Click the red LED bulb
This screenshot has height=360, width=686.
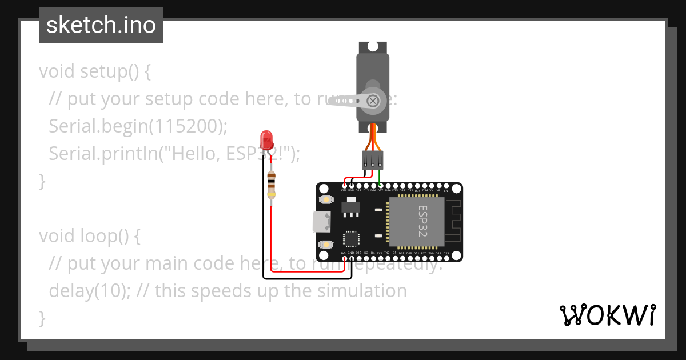coord(266,139)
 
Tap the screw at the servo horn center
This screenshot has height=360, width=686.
coord(373,101)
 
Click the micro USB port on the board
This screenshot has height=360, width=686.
coord(321,222)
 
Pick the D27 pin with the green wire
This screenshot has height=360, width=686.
coord(380,186)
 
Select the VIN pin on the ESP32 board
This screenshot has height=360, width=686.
coord(344,186)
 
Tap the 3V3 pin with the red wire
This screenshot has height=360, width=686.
coord(344,258)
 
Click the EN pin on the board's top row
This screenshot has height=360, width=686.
coord(446,186)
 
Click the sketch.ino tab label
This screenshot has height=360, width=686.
coord(101,25)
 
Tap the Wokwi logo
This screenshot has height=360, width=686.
coord(607,315)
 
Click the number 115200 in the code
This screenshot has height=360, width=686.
coord(183,126)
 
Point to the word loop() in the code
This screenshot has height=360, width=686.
coord(101,236)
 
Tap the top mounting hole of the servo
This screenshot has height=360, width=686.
coord(373,47)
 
